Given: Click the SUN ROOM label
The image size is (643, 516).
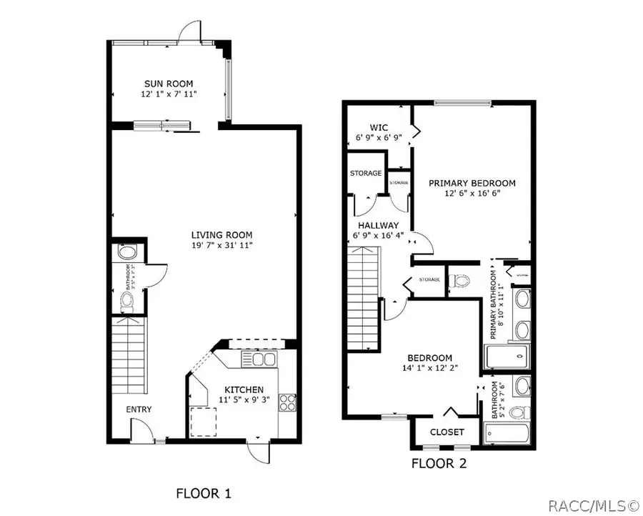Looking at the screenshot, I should pos(169,83).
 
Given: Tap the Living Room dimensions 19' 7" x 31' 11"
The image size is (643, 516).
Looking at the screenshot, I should pos(221,245).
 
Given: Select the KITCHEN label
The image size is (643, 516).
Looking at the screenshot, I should pos(241,390).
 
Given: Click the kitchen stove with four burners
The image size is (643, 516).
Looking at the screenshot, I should pos(287,402).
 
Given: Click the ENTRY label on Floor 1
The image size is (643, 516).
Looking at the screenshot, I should pos(139,409).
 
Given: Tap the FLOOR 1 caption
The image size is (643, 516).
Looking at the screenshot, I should pos(204,493).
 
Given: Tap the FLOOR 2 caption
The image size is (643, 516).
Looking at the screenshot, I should pos(439,463).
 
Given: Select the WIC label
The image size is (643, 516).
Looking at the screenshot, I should pos(378,127).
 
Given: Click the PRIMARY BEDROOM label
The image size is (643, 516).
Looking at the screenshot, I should pos(472,183).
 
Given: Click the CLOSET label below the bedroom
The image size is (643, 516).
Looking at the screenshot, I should pos(447,432).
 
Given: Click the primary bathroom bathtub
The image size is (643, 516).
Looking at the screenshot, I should pos(507,355).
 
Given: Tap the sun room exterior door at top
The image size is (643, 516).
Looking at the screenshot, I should pos(189,32).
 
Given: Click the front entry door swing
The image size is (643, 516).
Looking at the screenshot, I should pos(141,431).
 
